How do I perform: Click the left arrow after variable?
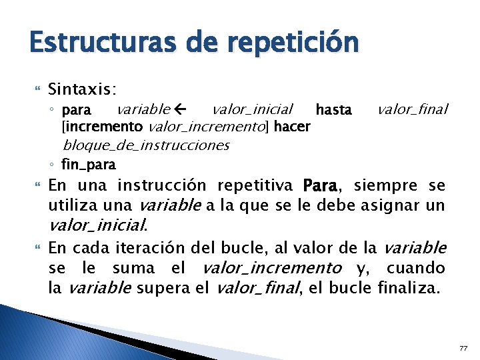[179, 109]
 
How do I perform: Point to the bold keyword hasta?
[333, 109]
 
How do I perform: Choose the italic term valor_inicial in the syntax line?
[252, 109]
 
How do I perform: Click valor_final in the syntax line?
[413, 109]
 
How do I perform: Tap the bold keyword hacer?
[291, 126]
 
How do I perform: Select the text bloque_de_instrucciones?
[145, 145]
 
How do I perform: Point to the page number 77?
[464, 348]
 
